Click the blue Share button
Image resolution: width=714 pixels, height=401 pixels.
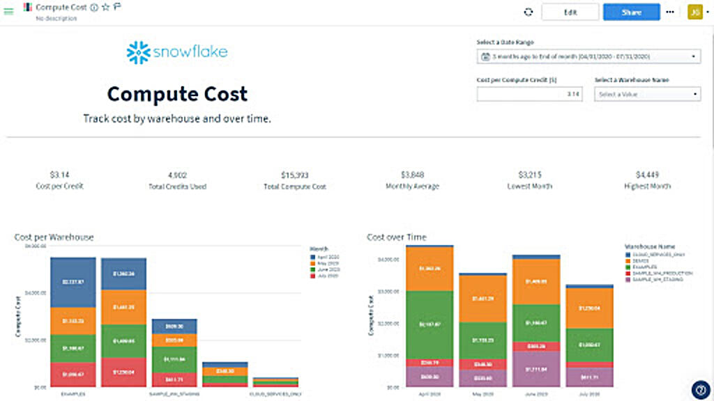(631, 12)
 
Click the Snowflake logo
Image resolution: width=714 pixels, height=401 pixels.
(177, 52)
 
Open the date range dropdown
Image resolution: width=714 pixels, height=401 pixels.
(588, 56)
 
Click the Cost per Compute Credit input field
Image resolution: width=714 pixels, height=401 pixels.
(530, 94)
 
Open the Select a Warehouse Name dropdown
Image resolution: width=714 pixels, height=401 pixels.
(647, 94)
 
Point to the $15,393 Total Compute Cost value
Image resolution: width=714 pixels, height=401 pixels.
(294, 175)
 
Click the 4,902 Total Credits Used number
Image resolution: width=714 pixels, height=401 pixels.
(178, 175)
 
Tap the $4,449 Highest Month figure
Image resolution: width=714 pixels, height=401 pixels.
(647, 175)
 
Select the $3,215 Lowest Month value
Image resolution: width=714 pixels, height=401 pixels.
(530, 175)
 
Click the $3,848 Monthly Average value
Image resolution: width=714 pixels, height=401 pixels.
(412, 175)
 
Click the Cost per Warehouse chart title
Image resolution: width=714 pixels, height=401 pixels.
(54, 237)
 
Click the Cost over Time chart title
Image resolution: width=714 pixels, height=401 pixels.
(397, 237)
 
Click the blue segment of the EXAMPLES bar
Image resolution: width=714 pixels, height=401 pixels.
(73, 282)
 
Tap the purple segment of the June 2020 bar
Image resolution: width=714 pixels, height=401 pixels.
(535, 368)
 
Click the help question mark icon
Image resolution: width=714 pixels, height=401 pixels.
(701, 389)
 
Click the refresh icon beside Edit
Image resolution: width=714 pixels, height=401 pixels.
(529, 12)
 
